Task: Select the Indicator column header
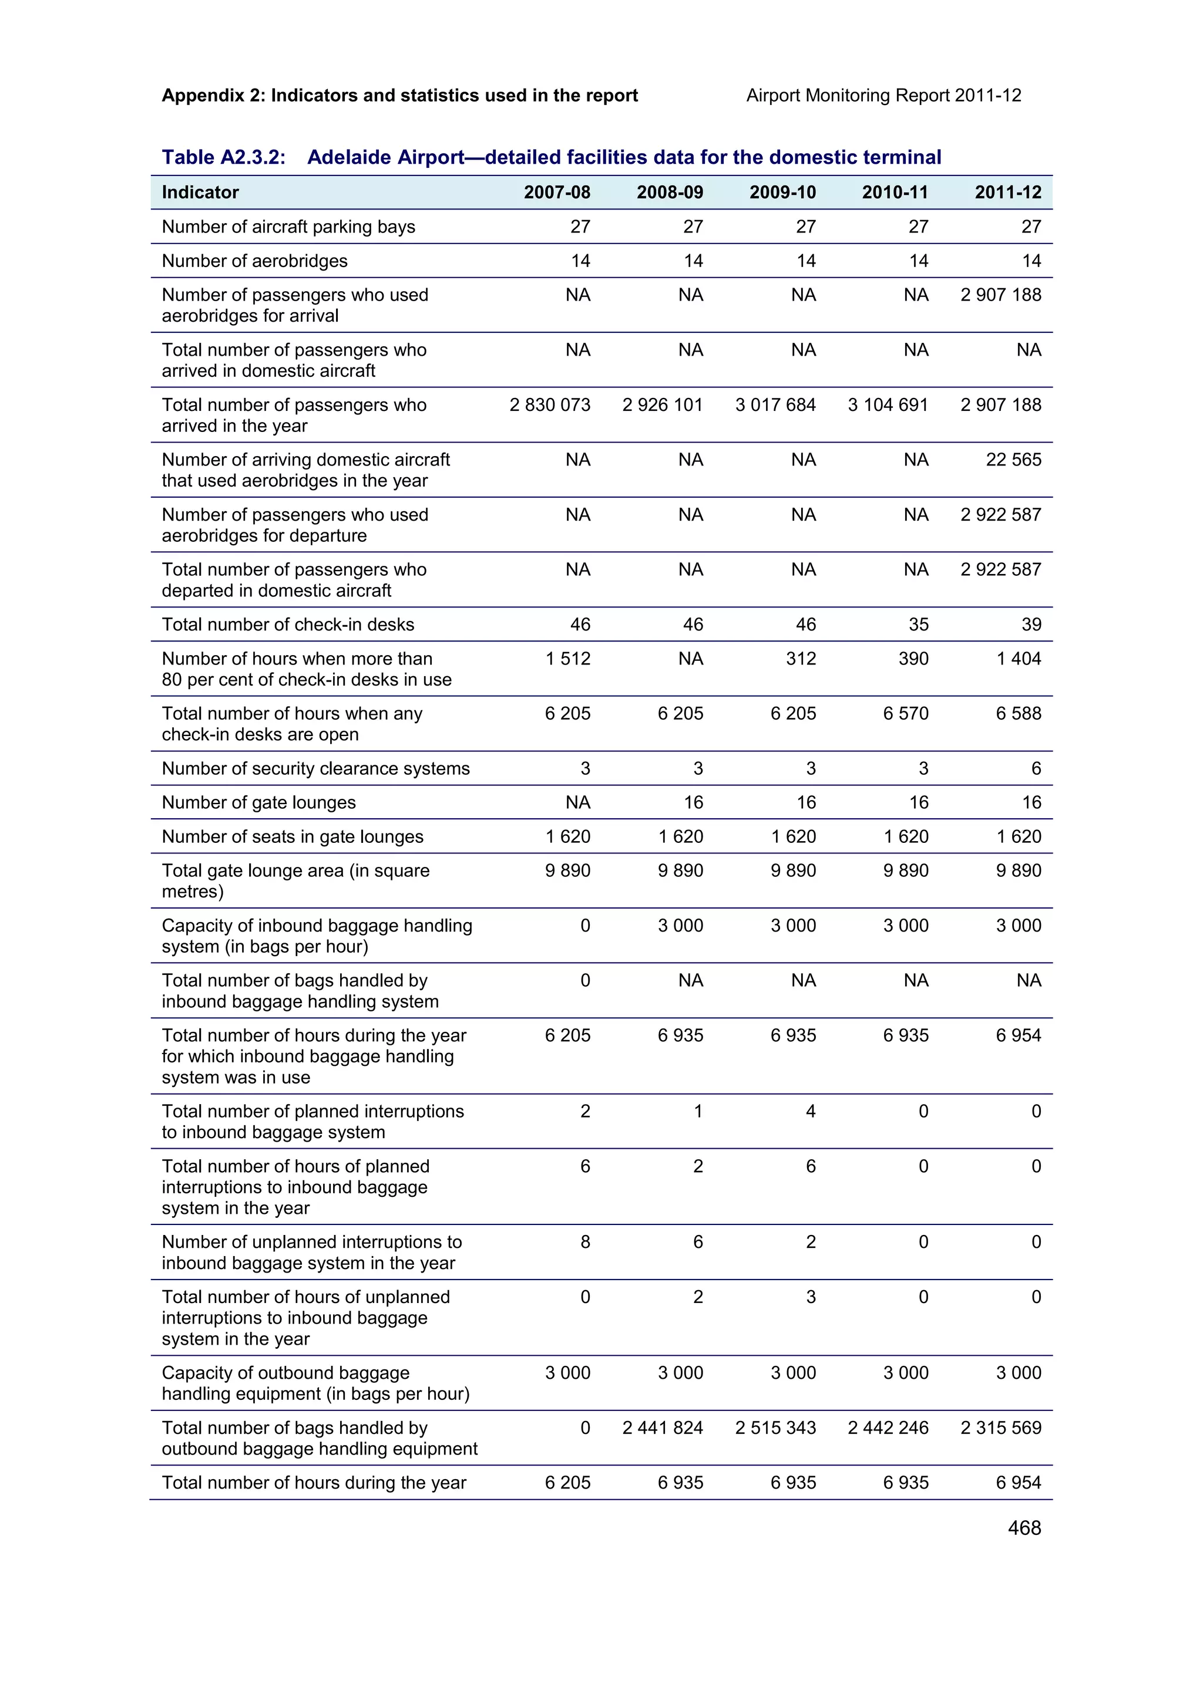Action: pos(200,193)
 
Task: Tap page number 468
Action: pos(1024,1528)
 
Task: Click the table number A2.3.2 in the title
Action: pos(224,157)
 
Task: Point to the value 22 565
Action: pos(1013,460)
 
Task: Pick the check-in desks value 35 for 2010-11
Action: pos(918,625)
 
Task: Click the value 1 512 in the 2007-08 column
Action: pos(568,659)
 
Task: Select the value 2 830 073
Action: pos(550,404)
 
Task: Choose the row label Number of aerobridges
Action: pos(254,261)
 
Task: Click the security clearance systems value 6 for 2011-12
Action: pos(1036,768)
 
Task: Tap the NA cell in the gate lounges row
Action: pos(578,802)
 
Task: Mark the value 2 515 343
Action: pos(775,1427)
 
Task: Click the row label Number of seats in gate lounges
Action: pos(292,836)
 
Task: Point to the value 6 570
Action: pos(906,713)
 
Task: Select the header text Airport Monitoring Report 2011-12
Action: pos(883,96)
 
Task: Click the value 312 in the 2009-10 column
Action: pos(801,659)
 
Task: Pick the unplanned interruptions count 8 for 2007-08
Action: pos(585,1241)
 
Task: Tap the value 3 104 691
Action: pos(888,404)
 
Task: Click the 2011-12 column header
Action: pos(1008,193)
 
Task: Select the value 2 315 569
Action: pos(1001,1427)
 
